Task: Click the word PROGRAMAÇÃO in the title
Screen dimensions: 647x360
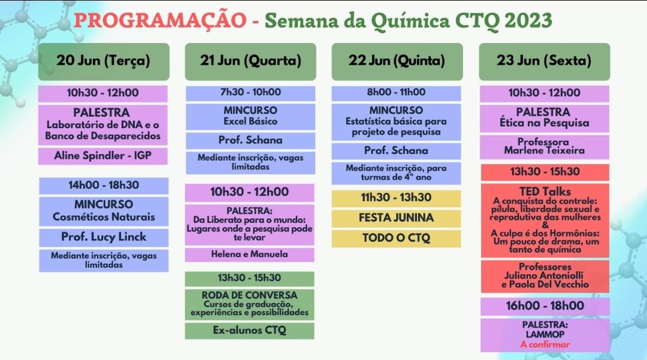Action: pos(160,20)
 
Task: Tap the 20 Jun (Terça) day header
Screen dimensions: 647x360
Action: pos(104,62)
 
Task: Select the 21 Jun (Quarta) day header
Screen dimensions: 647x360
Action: pos(250,62)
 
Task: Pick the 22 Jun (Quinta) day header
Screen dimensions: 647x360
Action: pos(397,62)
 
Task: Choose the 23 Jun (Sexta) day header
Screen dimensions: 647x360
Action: pos(544,62)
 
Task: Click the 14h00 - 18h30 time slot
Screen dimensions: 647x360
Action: pos(104,186)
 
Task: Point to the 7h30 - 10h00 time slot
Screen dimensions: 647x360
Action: pos(250,93)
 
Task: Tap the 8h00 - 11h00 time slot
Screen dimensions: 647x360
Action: pos(396,93)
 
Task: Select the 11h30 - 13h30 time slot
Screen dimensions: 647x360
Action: pos(396,198)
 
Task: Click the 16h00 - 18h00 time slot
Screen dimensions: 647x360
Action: pos(545,307)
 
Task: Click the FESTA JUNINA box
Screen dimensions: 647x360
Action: pos(396,218)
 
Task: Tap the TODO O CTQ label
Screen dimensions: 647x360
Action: pos(396,238)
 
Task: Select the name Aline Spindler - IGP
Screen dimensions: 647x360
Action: pos(103,156)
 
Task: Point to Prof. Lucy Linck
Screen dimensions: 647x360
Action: pos(104,237)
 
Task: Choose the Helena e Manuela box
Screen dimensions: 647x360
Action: pos(249,255)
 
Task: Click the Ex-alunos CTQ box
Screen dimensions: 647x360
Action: pos(249,331)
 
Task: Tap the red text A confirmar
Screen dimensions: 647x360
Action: pos(545,345)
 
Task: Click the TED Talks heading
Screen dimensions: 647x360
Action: pos(545,192)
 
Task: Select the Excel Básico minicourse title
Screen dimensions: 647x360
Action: pos(250,122)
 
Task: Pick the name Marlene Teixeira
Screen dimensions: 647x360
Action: pos(544,150)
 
